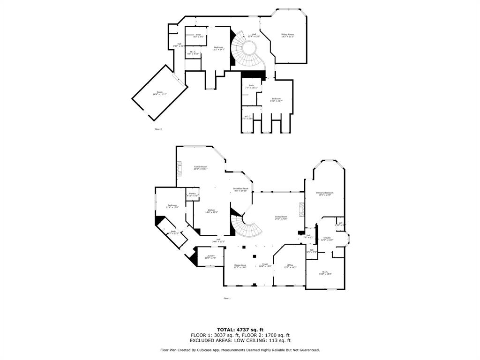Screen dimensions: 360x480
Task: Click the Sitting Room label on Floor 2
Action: (287, 35)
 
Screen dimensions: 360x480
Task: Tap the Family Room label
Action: (201, 168)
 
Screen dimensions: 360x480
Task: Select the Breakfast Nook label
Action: (240, 189)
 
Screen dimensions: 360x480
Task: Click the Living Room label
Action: (281, 218)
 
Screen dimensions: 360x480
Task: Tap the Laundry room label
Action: (210, 256)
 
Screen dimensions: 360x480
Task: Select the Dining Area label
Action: (240, 266)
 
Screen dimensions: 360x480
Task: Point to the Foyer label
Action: (265, 266)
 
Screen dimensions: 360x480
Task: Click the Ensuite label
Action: (327, 239)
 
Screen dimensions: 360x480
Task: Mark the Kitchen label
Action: (211, 211)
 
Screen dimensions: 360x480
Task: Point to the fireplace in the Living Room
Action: (301, 210)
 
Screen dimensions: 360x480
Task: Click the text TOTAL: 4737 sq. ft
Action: (240, 330)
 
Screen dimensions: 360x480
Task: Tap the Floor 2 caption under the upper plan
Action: (158, 129)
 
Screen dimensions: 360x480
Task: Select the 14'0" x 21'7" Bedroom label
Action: (276, 99)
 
